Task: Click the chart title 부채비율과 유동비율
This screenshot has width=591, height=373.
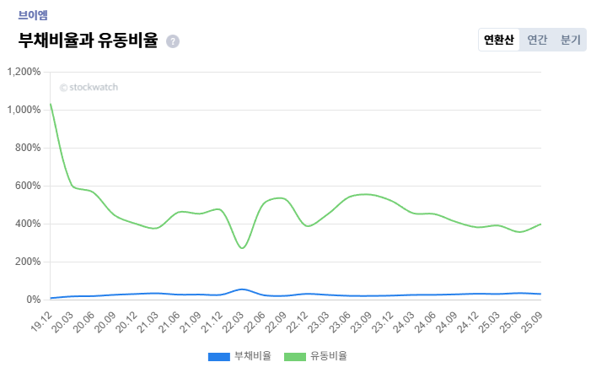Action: [x=87, y=40]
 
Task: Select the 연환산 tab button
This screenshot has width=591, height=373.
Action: [x=498, y=40]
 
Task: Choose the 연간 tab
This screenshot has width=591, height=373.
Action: [x=537, y=40]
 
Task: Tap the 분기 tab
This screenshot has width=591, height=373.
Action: [x=571, y=40]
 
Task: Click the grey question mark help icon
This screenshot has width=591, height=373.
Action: [x=173, y=41]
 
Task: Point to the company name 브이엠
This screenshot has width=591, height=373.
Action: [x=33, y=14]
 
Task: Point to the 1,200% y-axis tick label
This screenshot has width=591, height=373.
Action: [x=24, y=72]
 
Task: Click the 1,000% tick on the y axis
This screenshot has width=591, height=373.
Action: [x=24, y=110]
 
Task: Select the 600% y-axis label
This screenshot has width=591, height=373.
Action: [x=27, y=186]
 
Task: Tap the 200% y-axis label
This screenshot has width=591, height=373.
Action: [x=27, y=262]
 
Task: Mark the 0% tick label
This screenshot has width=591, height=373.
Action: [x=33, y=300]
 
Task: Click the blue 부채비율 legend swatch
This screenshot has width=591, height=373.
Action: [x=218, y=356]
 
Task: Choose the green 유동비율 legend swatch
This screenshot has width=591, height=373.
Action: [x=294, y=356]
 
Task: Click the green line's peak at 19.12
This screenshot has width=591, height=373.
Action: [x=51, y=105]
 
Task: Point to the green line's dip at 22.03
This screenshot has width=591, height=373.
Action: [x=243, y=248]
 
